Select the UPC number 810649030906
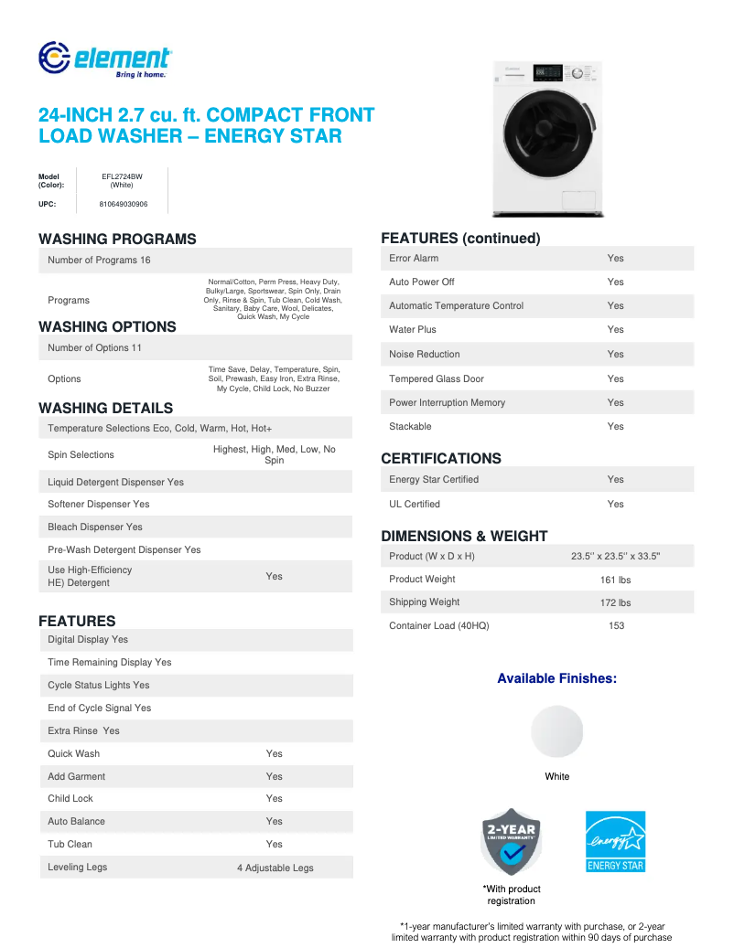[123, 204]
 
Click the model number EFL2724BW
[122, 176]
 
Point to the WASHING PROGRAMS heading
[117, 239]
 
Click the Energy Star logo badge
[615, 841]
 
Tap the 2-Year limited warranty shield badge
[512, 841]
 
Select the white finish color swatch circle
[556, 731]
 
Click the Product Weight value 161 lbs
[615, 580]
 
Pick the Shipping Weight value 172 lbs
[615, 602]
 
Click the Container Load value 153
[616, 625]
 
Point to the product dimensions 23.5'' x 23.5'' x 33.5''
[615, 556]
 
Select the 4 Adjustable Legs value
[275, 868]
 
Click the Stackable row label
[410, 426]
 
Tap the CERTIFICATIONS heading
[441, 458]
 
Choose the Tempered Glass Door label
[437, 378]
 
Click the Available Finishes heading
[556, 678]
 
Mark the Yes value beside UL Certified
[615, 504]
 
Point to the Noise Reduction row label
[425, 354]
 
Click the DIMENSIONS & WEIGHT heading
[464, 536]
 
